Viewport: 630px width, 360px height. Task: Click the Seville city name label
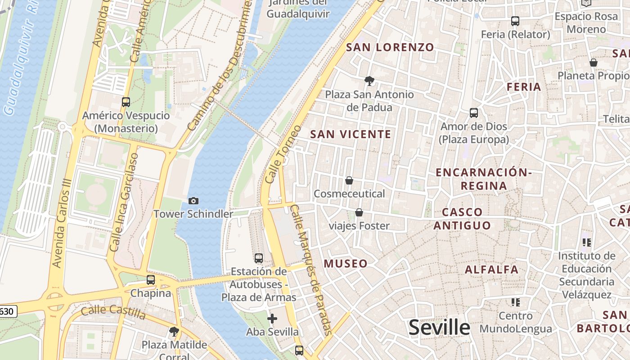tap(439, 327)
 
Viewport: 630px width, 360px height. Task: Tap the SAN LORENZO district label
tap(390, 47)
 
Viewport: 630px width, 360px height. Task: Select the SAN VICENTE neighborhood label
tap(351, 134)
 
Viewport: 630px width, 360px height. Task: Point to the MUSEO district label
tap(346, 264)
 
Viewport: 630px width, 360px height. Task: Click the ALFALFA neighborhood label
tap(491, 270)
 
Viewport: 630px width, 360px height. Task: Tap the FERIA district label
tap(524, 87)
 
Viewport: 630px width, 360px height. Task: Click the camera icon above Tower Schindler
tap(193, 201)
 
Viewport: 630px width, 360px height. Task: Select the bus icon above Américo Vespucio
tap(126, 102)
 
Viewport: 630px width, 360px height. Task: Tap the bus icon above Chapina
tap(151, 280)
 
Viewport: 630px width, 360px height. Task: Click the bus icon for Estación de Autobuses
tap(259, 258)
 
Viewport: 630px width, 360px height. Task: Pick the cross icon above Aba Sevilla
tap(272, 319)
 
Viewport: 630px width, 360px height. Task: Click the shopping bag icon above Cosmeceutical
tap(349, 180)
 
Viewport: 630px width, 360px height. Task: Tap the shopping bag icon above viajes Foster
tap(359, 212)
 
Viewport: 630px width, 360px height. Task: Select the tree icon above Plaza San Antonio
tap(369, 81)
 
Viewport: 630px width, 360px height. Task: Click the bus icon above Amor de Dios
tap(474, 113)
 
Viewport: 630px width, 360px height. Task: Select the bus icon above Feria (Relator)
tap(515, 21)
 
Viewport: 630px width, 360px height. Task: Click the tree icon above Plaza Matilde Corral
tap(174, 332)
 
